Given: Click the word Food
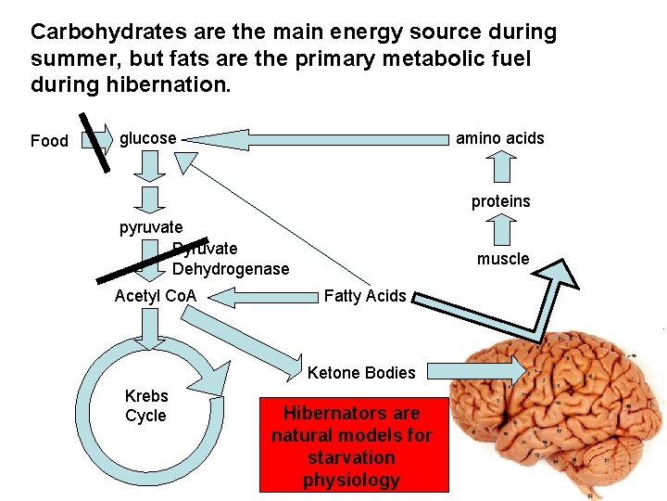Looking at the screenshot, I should point(49,141).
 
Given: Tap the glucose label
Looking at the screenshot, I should point(148,138).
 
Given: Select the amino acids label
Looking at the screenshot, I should point(499,138).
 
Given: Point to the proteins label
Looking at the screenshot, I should point(500,201).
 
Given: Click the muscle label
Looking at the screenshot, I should point(503,259).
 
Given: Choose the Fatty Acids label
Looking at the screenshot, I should point(364,296).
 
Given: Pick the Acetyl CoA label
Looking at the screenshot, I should point(156,296).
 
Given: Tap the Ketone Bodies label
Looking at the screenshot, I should point(361,373).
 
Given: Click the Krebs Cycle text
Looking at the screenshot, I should point(145,406).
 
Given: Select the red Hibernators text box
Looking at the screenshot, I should point(352,446).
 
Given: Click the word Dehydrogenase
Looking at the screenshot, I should point(231,269).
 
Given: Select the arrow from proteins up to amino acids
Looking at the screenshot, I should point(501,168).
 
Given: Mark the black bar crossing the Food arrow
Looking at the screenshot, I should point(95,142).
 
